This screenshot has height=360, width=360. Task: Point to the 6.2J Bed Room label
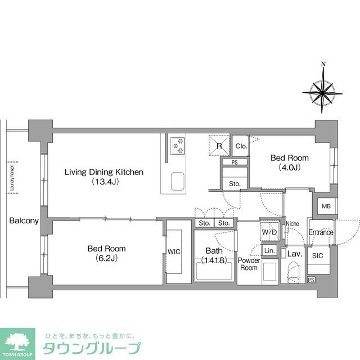coord(106,253)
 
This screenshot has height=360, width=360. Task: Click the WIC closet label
coord(173,251)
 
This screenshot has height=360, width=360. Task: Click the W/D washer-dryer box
coord(269,231)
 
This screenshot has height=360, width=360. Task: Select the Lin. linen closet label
coord(269,250)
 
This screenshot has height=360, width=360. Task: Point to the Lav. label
coord(295,254)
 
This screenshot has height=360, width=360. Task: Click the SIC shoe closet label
coord(318,255)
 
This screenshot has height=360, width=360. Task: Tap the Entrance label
coord(321,232)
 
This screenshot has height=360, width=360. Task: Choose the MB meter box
coord(326,206)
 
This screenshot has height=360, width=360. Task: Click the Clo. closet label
coord(241,146)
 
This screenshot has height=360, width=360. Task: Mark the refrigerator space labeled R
coord(219,145)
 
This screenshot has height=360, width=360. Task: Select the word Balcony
coord(24,220)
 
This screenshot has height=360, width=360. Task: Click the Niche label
coord(292,223)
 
